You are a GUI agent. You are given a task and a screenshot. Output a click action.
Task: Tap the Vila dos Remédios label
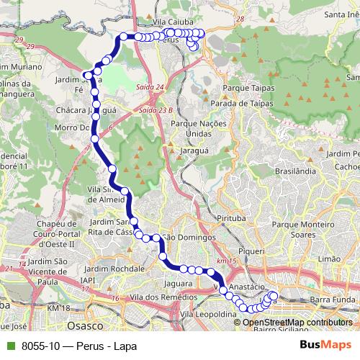click(x=150, y=297)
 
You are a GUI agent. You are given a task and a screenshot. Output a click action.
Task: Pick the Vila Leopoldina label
click(x=209, y=315)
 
